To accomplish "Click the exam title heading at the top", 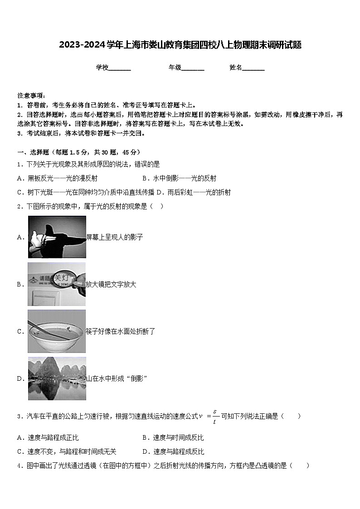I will click(180, 45).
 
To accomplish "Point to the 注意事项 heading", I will click(31, 96).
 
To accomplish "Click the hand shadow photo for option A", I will click(57, 237).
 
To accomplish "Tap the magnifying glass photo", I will click(57, 284).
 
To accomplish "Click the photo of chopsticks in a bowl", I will click(57, 331).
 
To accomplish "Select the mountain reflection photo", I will click(57, 378).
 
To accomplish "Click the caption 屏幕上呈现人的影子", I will click(114, 237).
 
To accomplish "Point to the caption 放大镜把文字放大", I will click(111, 284).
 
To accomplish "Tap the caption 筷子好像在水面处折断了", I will click(121, 331).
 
